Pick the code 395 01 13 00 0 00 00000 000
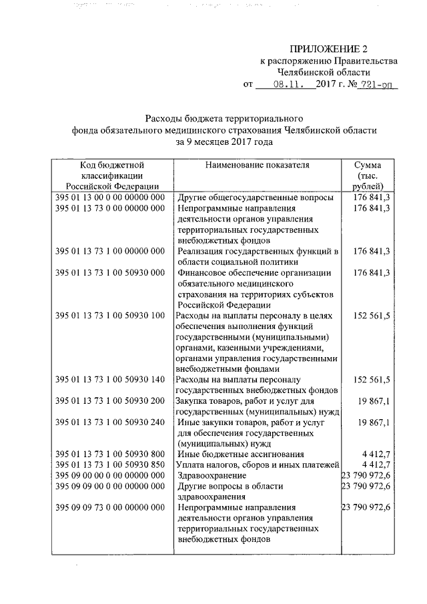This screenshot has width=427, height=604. [110, 198]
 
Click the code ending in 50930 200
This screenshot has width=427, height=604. [110, 401]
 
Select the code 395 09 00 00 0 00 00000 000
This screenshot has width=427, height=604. [110, 475]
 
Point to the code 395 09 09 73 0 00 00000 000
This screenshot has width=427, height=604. [110, 508]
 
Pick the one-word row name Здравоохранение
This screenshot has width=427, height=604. [212, 475]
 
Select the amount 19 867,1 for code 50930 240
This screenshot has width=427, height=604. [374, 422]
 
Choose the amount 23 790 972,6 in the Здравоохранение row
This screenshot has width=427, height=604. [366, 475]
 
